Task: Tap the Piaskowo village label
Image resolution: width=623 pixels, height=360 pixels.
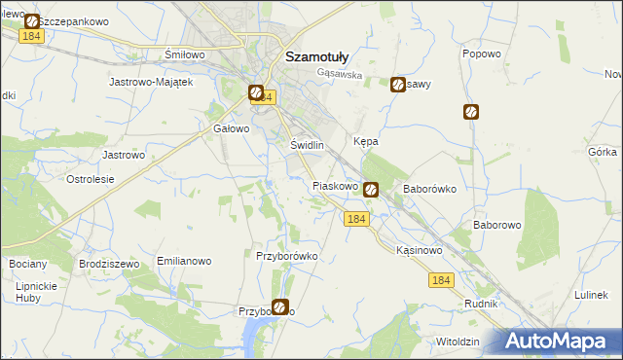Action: [x=337, y=186]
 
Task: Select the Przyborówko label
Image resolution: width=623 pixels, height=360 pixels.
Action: [x=286, y=256]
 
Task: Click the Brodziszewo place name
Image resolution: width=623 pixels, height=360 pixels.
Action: [x=108, y=264]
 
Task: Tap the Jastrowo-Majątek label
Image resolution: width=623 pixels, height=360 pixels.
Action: [x=155, y=83]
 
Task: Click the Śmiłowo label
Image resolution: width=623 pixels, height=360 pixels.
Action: [x=185, y=54]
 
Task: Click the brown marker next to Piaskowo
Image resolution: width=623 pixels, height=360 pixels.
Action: [x=371, y=191]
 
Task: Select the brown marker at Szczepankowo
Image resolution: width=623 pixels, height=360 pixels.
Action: [x=31, y=20]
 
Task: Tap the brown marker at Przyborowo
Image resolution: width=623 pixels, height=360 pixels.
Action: [x=280, y=307]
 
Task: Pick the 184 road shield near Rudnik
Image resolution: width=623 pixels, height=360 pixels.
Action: [x=440, y=280]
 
